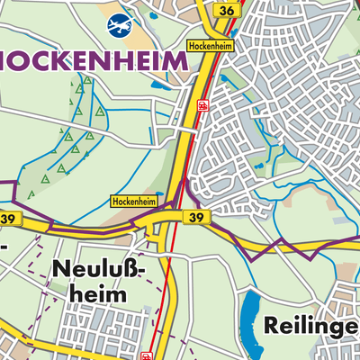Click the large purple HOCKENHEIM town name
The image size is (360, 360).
pos(94,61)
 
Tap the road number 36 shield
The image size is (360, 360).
pos(227,10)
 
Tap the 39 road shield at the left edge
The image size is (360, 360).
pos(10,219)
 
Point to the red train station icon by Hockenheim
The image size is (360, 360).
pos(203,105)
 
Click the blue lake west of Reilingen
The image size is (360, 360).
pos(251,319)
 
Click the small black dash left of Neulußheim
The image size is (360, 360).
pos(4,245)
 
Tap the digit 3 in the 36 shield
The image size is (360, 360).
pos(222,10)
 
